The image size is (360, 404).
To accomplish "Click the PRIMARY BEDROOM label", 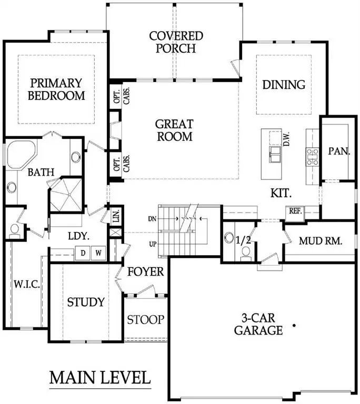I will click(x=56, y=89).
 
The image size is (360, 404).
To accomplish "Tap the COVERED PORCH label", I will click(x=176, y=42).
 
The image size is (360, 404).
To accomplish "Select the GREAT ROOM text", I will click(x=174, y=130).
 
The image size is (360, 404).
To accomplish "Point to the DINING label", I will click(x=284, y=85).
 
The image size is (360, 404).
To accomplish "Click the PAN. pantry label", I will click(x=339, y=151).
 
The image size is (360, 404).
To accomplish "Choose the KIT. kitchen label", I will click(x=281, y=193).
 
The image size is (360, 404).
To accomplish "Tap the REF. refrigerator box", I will click(x=294, y=211).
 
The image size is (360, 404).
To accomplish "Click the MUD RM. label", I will click(x=321, y=241).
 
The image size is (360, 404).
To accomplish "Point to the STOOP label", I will click(x=146, y=319).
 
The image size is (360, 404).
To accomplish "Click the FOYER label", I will click(x=145, y=272).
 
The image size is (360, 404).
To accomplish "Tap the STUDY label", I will click(x=86, y=302).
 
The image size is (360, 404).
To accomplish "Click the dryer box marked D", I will click(x=83, y=254).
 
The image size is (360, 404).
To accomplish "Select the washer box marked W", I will click(x=98, y=254).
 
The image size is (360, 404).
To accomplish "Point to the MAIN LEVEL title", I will click(x=100, y=378).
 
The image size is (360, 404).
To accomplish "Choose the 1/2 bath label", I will click(x=244, y=240).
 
